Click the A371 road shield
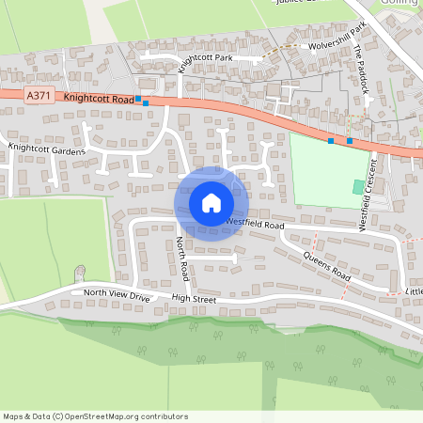38,95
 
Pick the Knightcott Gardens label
47,149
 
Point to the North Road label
183,258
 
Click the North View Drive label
117,294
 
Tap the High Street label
194,300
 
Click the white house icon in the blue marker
211,202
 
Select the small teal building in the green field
358,187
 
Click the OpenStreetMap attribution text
95,416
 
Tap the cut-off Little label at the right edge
414,292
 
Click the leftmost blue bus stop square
138,98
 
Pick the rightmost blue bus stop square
350,141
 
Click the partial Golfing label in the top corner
400,4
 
